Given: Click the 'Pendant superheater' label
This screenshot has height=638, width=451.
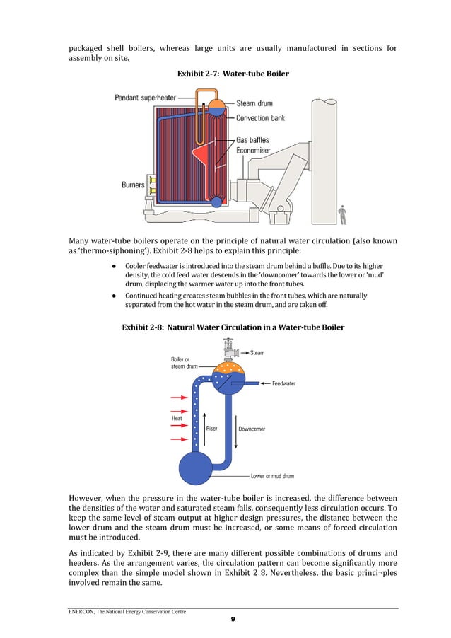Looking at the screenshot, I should point(146,98).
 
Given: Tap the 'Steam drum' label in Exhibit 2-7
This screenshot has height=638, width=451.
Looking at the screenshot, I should point(255,103).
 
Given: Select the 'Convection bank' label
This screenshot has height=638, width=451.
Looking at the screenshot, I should point(260,118).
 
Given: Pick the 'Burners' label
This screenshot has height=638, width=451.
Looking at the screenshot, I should point(133,185).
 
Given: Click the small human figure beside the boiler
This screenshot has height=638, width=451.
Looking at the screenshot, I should point(342,214).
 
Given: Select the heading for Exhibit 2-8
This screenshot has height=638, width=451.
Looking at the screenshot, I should point(233,327).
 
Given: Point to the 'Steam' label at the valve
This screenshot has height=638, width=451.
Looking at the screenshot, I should point(257,352).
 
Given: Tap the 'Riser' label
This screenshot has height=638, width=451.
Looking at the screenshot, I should point(211,428).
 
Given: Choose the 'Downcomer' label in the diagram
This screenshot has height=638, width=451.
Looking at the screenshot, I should point(252,428).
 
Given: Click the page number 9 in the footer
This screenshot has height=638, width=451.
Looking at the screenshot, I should point(233,620).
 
